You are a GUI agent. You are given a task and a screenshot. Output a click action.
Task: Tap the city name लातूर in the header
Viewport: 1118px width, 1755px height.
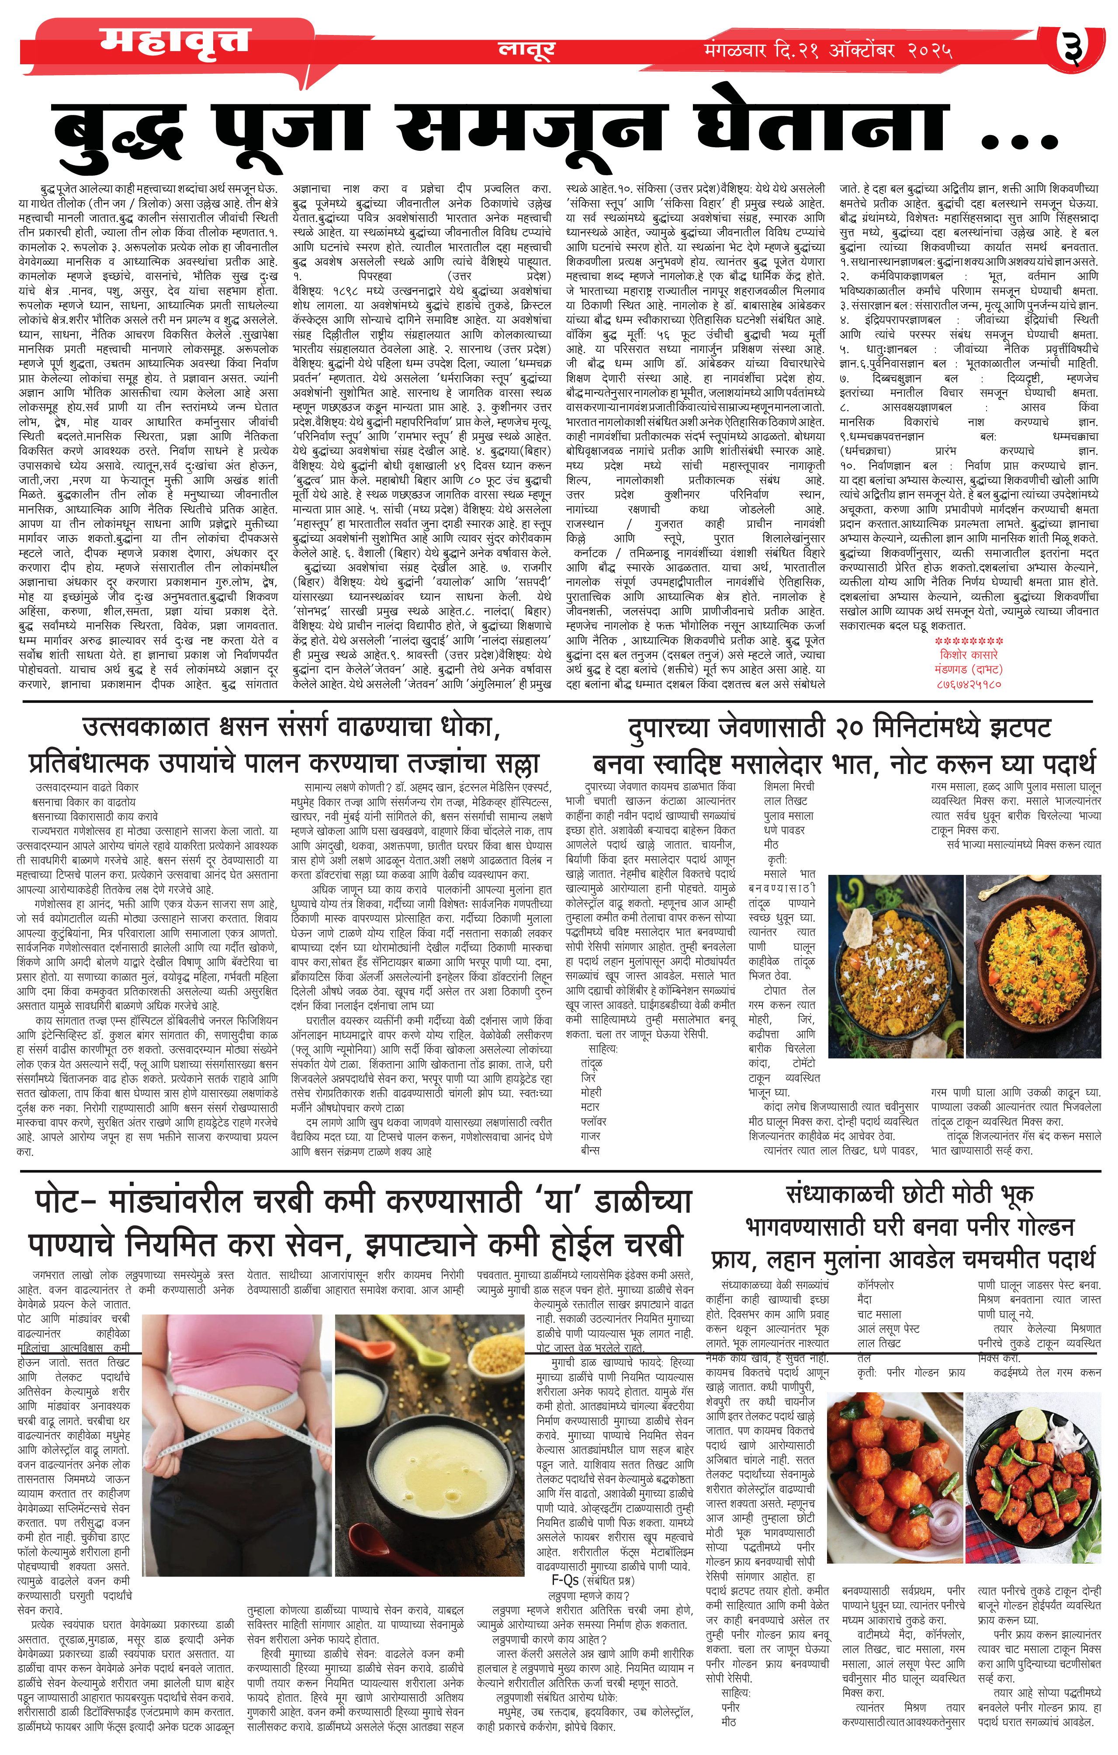(x=526, y=49)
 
